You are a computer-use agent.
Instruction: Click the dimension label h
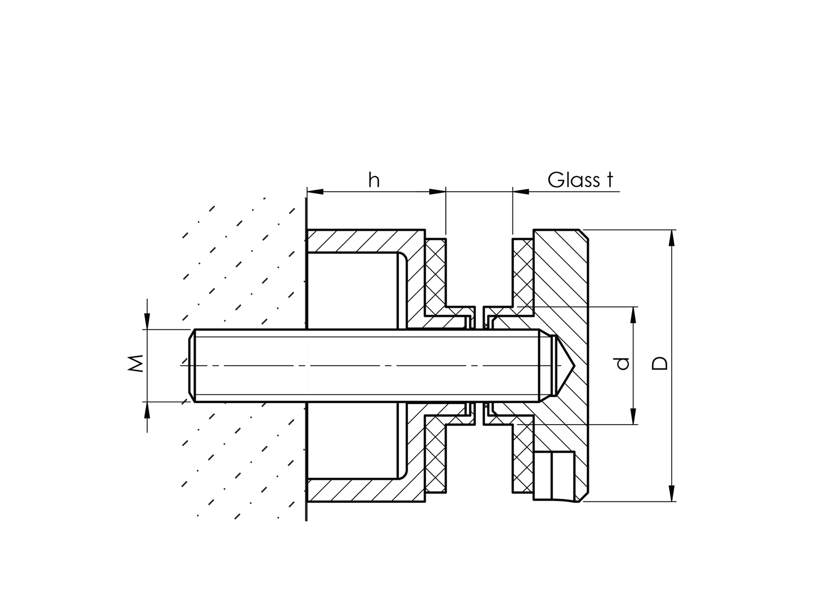(x=373, y=180)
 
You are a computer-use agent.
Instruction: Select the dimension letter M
(x=137, y=364)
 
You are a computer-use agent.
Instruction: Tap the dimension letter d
(x=622, y=364)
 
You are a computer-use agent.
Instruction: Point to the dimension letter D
(x=660, y=364)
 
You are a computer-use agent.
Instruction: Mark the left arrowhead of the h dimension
(x=315, y=192)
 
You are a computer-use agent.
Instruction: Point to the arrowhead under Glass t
(x=520, y=192)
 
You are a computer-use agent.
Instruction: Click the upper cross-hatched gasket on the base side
(x=435, y=273)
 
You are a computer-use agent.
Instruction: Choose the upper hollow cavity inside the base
(x=354, y=290)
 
